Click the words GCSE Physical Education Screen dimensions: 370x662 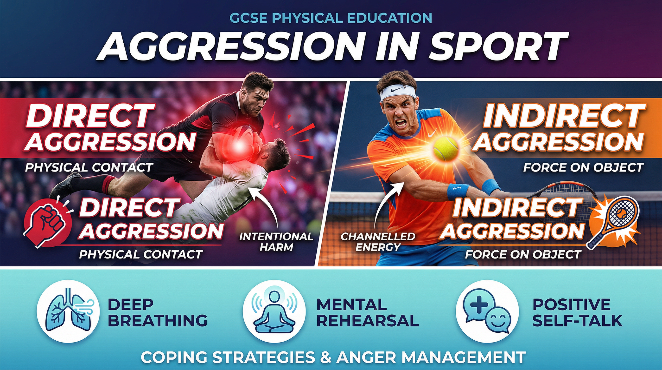click(331, 19)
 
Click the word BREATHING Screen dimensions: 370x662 click(158, 321)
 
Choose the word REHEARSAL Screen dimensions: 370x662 click(368, 321)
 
